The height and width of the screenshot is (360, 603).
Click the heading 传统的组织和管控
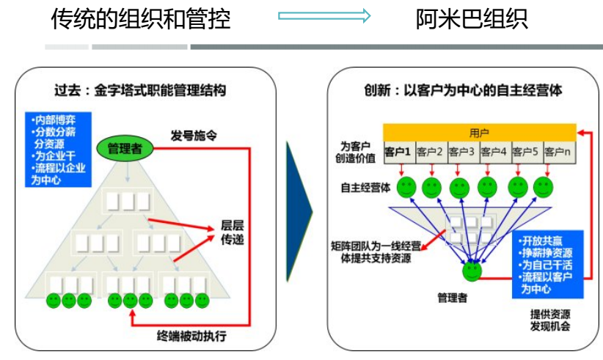140,18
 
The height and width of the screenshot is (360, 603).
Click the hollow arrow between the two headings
324,16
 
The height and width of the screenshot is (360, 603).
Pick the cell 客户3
461,153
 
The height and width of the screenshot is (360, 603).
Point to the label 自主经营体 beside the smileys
364,187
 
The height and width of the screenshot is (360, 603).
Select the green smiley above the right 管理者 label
472,272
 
